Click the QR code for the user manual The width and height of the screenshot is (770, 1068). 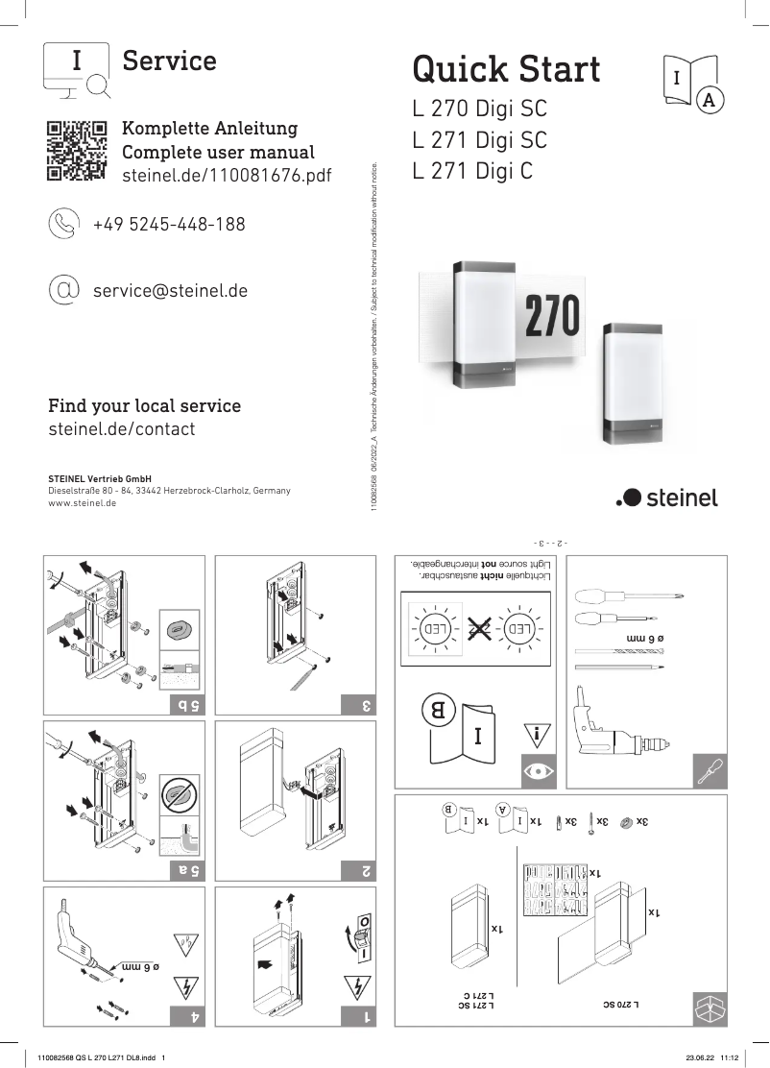(76, 151)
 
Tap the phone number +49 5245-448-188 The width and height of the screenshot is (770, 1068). (168, 225)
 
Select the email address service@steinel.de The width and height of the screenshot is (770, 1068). (170, 289)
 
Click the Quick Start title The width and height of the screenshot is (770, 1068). (506, 69)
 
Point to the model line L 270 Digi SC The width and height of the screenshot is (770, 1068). (479, 109)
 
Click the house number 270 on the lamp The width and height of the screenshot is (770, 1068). (551, 316)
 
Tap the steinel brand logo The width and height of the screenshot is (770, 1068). (666, 497)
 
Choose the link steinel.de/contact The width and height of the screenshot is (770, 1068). (121, 429)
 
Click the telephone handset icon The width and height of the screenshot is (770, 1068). (64, 224)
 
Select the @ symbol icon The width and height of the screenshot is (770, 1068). (64, 289)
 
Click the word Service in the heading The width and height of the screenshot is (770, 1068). (169, 61)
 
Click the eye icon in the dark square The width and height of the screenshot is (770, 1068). (536, 770)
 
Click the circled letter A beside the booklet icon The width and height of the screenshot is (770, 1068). (709, 99)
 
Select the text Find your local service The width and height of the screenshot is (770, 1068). (144, 405)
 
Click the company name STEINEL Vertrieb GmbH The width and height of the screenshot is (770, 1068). (100, 478)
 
